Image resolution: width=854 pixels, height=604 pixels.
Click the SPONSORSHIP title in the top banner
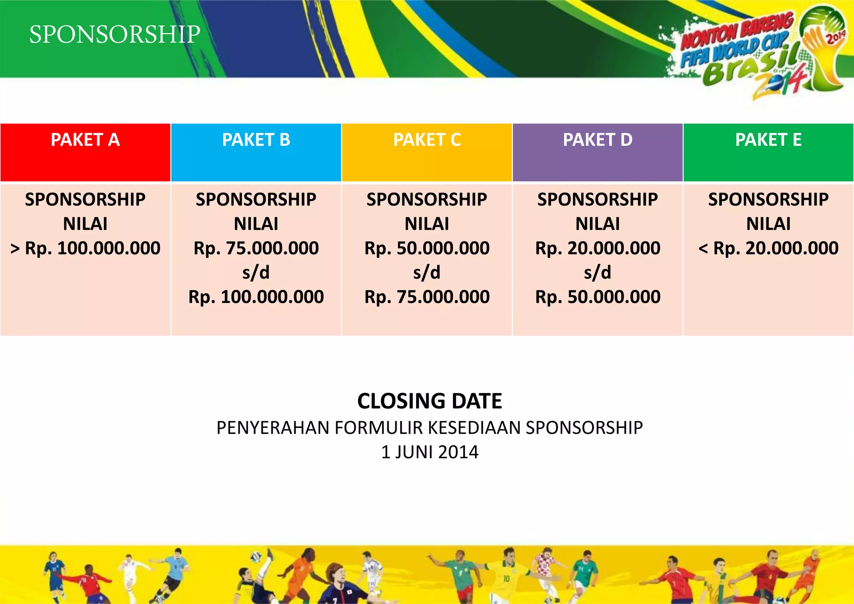(x=115, y=34)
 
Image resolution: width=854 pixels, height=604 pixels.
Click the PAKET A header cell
(x=85, y=140)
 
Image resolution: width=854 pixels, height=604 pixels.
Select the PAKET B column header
(x=256, y=140)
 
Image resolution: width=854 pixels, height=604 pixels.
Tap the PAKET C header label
(x=427, y=140)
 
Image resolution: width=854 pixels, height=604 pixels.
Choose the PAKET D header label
(x=598, y=140)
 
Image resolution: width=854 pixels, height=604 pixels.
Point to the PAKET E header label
(x=768, y=140)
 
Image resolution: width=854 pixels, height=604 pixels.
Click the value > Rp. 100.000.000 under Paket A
(x=85, y=248)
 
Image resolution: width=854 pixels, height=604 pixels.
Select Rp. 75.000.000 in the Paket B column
(x=256, y=248)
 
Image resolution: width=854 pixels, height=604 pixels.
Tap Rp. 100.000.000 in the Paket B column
(x=256, y=297)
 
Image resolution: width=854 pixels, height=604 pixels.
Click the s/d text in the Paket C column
(x=427, y=273)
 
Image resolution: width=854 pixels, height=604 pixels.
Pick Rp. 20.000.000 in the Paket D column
(x=598, y=248)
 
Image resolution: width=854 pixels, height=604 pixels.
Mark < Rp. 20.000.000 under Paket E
(x=768, y=248)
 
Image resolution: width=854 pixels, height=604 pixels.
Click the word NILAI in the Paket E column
(x=768, y=224)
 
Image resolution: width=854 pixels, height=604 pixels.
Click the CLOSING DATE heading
(x=430, y=401)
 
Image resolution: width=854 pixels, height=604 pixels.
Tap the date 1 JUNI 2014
(x=430, y=452)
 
